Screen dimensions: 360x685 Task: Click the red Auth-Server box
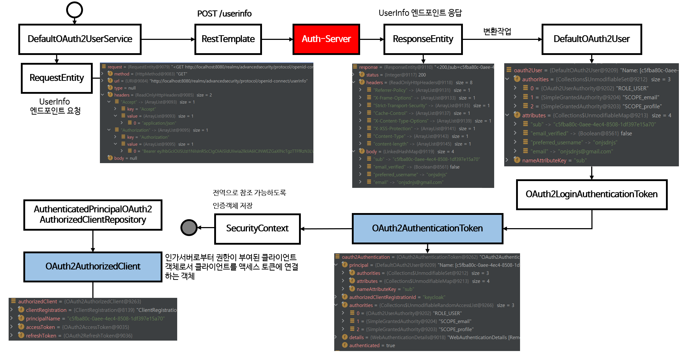[x=326, y=39]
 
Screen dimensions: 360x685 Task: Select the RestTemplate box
[x=228, y=39]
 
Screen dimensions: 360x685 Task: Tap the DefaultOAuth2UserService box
[x=80, y=39]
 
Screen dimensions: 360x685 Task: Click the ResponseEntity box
[x=423, y=39]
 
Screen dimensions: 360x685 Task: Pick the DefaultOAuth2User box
[x=591, y=39]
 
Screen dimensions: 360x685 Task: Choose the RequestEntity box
[x=57, y=78]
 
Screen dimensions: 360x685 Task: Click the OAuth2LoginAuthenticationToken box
[x=591, y=194]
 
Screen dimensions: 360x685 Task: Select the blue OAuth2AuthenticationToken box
[x=427, y=229]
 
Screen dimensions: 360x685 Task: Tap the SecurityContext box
[x=257, y=229]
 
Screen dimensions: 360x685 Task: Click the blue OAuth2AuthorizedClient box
[x=93, y=267]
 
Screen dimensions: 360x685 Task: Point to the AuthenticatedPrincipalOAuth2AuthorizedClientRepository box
[x=93, y=214]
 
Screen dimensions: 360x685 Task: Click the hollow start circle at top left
[x=74, y=10]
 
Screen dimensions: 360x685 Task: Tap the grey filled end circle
[x=189, y=227]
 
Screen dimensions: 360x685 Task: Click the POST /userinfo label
[x=224, y=14]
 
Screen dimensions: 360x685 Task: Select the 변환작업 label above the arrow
[x=497, y=31]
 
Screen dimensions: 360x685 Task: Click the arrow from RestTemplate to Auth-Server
[x=277, y=39]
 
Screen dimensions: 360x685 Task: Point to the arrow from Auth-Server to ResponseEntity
[x=372, y=39]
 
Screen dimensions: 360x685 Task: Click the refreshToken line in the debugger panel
[x=41, y=336]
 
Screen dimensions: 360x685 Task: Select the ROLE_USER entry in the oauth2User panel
[x=589, y=88]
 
